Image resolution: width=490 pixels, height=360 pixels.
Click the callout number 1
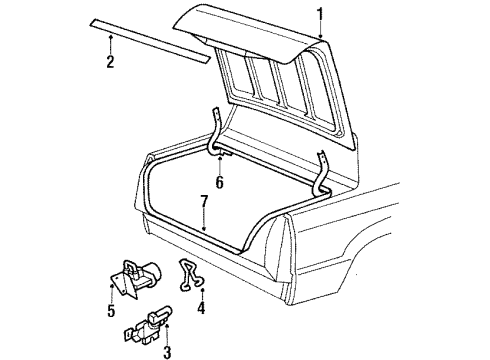coord(320,14)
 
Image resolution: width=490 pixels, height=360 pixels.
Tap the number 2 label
coord(110,63)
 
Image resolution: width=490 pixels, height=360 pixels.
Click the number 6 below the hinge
coord(219,182)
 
